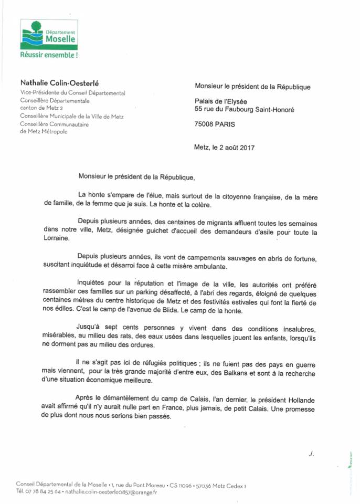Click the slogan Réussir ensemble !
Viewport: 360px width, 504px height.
pyautogui.click(x=49, y=54)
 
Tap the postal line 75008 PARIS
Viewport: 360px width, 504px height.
pyautogui.click(x=215, y=124)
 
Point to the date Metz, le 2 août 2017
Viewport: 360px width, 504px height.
pyautogui.click(x=224, y=148)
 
